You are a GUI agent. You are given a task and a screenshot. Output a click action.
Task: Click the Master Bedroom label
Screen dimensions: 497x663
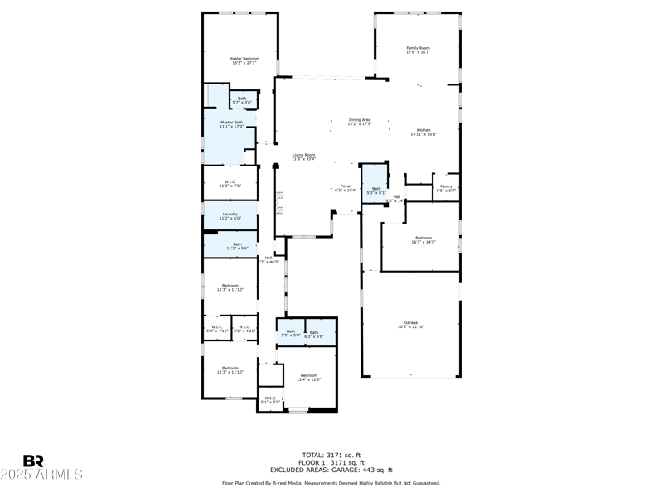[x=244, y=60]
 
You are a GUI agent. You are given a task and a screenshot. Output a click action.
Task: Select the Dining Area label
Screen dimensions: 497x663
[x=360, y=122]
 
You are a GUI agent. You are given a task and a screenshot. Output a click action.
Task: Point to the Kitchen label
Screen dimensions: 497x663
[x=423, y=132]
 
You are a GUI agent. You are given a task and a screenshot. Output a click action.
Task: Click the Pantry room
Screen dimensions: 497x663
[x=446, y=188]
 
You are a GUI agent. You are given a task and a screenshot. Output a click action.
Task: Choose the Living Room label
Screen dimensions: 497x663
[x=303, y=157]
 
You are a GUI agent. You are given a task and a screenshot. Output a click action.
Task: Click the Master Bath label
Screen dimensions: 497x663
[x=231, y=124]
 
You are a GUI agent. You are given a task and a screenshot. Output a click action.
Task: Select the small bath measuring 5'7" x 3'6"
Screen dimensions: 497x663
[x=242, y=100]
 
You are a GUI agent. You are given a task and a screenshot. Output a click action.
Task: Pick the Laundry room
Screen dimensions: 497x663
[x=231, y=216]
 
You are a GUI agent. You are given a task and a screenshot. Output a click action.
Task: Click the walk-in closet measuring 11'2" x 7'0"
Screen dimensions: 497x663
[x=231, y=184]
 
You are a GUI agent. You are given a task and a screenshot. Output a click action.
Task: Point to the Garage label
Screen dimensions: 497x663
[x=410, y=325]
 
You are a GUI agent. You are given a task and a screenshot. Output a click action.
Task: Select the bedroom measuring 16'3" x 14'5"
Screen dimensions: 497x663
[x=423, y=240]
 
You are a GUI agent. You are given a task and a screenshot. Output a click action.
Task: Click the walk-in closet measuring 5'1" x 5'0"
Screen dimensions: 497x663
[x=270, y=399]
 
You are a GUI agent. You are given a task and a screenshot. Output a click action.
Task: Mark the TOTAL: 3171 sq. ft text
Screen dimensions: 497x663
[x=331, y=455]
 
